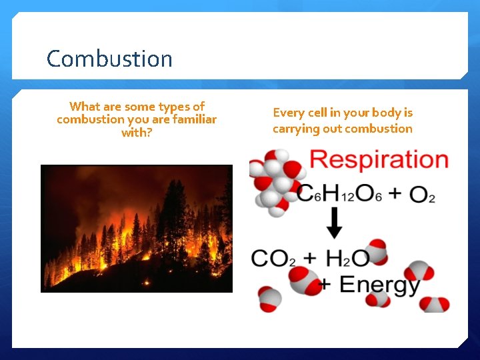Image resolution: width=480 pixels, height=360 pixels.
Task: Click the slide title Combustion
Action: coord(109,59)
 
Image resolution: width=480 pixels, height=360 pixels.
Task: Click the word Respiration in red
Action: coord(379,161)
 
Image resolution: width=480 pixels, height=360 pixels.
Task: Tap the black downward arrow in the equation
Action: coord(335,223)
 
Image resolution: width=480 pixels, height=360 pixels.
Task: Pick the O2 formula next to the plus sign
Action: coord(422,194)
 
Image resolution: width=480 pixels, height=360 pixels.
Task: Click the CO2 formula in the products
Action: coord(273,258)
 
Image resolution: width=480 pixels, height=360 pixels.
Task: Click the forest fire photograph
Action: coord(137,229)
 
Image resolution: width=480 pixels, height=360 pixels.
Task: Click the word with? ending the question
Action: coord(137,133)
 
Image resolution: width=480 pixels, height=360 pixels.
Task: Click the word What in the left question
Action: coord(85,107)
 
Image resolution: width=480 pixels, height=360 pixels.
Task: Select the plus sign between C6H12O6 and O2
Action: coord(395,193)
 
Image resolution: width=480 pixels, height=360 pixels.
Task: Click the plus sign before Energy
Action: coord(325,285)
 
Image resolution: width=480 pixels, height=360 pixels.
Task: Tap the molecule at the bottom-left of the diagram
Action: coord(270,299)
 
